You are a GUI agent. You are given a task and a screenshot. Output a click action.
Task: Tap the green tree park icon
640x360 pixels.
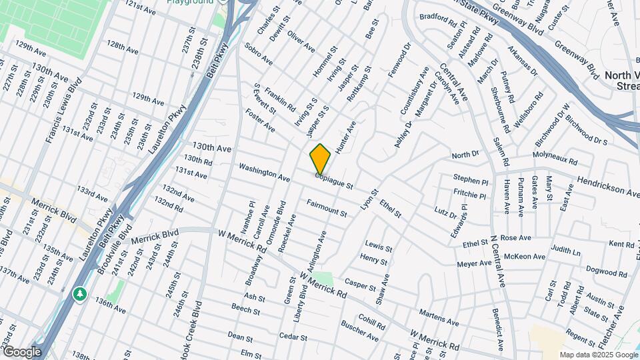click(79, 293)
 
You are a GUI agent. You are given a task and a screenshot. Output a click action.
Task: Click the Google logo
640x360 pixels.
click(21, 352)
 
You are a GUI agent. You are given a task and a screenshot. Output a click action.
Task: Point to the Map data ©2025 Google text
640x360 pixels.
click(599, 355)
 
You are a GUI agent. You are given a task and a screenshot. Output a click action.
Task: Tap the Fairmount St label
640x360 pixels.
click(327, 208)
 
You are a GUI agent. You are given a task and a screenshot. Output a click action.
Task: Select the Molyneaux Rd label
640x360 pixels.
click(555, 159)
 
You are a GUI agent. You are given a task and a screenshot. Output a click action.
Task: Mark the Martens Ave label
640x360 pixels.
click(439, 317)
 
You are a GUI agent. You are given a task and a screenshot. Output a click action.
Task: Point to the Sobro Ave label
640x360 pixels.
click(259, 55)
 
